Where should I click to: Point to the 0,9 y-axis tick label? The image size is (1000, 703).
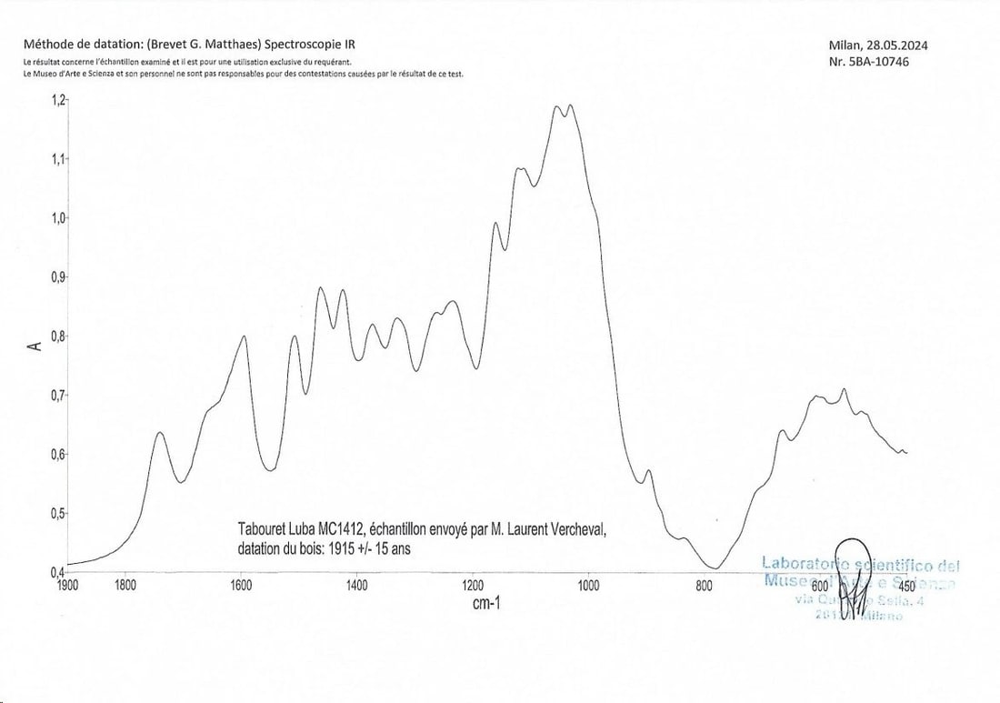pos(58,276)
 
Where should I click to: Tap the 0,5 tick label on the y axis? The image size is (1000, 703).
pos(58,513)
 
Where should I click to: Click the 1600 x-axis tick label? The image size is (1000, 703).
pos(241,586)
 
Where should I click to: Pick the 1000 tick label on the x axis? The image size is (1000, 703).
pos(588,586)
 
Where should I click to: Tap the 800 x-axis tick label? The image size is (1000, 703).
pos(704,586)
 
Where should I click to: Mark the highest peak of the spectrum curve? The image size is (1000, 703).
pos(556,106)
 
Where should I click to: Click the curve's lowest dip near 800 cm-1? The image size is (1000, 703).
pos(715,569)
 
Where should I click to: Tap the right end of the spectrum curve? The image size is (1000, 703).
pos(907,452)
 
